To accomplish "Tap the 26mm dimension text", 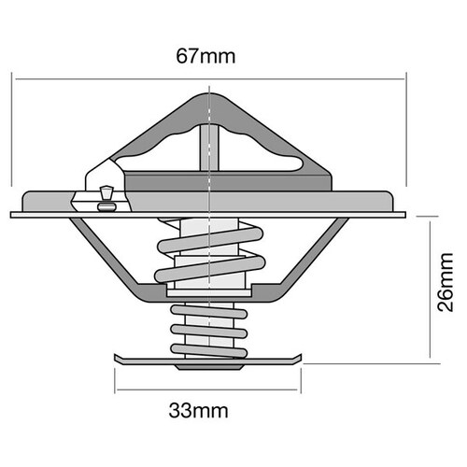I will pos(447,286).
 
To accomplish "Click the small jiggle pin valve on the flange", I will pos(104,194).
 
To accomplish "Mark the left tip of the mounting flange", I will pos(13,214).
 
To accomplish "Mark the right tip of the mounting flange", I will pos(405,214).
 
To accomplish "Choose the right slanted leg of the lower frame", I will pos(313,250).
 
